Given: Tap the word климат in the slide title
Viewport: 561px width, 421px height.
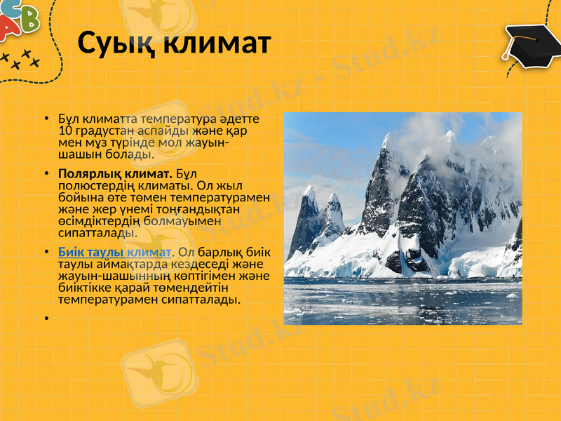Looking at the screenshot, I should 217,44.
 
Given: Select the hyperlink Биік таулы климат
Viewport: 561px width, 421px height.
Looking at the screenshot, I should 114,252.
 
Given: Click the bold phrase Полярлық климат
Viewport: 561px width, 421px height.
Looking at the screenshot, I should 116,173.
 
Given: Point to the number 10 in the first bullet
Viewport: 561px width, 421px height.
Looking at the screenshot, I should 65,131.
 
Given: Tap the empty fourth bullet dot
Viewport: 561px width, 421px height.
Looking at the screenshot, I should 46,318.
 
